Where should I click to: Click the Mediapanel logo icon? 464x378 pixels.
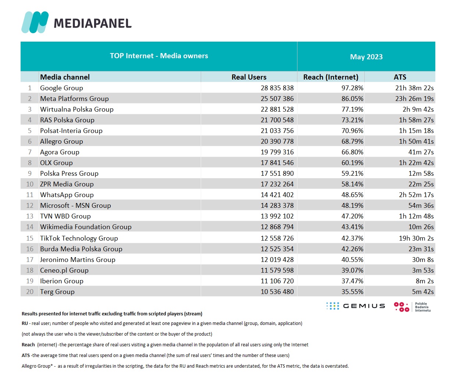coord(35,22)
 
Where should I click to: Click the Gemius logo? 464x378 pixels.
coord(356,306)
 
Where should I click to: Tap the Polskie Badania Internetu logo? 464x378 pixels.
coord(412,307)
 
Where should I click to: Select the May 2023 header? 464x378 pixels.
coord(366,57)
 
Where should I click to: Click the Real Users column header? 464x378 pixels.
coord(249,77)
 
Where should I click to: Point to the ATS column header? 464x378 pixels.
coord(400,77)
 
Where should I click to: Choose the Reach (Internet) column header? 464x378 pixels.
coord(331,77)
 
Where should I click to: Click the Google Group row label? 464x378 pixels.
coord(61,88)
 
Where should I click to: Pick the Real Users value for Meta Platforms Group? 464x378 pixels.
coord(277,99)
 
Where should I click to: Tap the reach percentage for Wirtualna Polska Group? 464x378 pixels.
coord(352,109)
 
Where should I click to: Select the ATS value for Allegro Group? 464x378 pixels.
coord(416,141)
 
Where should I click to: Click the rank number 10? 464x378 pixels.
coord(30,184)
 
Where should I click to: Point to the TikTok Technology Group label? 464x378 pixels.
coord(79,238)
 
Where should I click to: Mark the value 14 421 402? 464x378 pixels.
coord(277,195)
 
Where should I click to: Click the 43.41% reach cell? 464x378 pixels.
coord(352,227)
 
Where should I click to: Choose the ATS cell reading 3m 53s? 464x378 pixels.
coord(423,270)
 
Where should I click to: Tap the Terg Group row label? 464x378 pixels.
coord(57,292)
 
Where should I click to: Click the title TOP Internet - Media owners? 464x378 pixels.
coord(159,56)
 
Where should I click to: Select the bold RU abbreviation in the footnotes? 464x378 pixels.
coord(25,323)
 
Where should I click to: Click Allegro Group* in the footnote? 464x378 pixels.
coord(37,366)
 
